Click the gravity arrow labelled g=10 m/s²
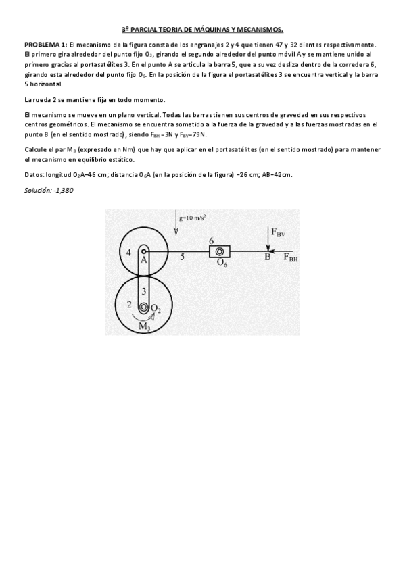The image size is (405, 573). (176, 226)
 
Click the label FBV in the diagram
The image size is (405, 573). (278, 232)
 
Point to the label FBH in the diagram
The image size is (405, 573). (289, 258)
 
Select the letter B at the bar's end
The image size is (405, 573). (267, 257)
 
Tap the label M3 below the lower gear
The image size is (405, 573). (145, 326)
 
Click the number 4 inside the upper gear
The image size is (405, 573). (128, 252)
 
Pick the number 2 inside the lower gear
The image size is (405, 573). (129, 305)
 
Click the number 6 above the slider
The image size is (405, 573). (212, 241)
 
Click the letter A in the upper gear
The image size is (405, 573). (144, 259)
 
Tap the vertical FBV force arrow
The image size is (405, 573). (268, 241)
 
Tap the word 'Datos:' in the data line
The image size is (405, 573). (34, 175)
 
